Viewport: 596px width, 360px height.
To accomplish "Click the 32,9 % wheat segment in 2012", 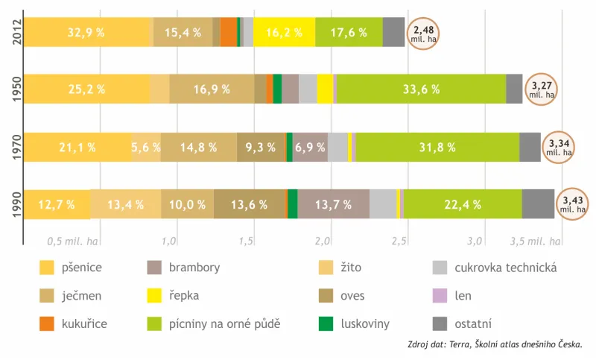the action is pos(89,32).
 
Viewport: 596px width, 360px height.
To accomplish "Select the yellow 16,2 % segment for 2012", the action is pos(285,32).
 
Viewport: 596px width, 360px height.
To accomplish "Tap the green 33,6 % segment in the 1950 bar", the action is pos(422,89).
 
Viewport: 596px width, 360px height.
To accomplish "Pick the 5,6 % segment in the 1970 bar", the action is pos(146,147).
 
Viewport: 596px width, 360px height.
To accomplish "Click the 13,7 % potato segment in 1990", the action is pos(334,204).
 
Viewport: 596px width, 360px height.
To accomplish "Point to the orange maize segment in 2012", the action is pos(229,32).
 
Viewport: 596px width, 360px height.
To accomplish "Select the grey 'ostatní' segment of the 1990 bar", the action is pos(538,204).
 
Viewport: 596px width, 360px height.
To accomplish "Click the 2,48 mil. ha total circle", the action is pos(423,34).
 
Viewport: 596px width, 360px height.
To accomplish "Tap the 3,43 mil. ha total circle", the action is pos(572,204).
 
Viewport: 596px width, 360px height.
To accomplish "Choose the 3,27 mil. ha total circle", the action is pos(542,89).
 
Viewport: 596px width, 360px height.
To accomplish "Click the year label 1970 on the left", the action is pos(17,147).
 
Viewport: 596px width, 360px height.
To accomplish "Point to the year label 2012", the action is pos(17,32).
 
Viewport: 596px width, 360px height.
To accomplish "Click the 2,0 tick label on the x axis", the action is pos(323,241).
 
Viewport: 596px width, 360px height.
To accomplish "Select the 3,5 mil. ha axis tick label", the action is pos(535,241).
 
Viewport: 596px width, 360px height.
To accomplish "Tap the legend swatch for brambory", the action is pos(154,268).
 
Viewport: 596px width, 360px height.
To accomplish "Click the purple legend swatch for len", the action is pos(440,296).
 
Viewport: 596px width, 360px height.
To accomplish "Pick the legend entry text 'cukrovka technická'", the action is pos(506,268).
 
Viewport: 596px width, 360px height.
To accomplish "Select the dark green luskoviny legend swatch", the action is pos(326,324).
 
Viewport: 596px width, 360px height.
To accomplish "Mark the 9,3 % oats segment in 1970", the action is pos(260,147).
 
